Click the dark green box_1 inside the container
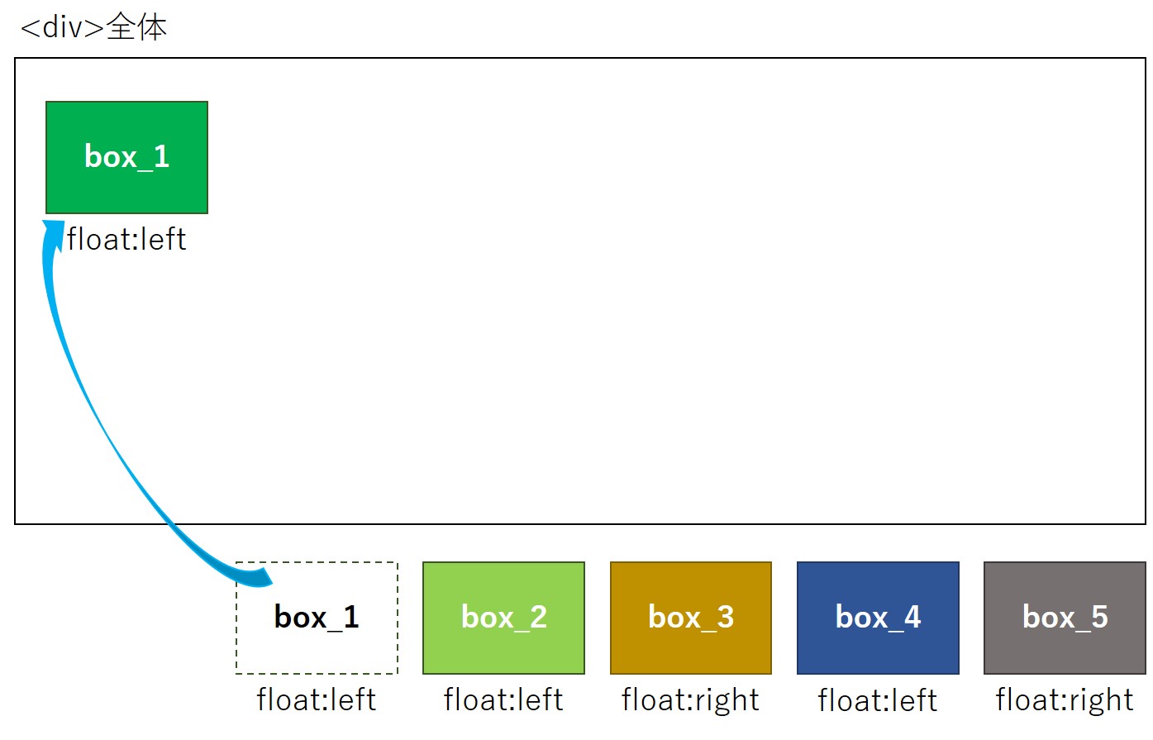click(126, 157)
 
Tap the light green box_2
click(503, 618)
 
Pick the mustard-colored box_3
click(690, 618)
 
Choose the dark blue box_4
click(878, 618)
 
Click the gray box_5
click(1065, 618)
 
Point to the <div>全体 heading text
click(93, 27)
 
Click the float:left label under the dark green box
click(126, 240)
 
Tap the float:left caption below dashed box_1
click(317, 699)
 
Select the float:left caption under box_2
click(503, 699)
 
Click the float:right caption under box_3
click(690, 699)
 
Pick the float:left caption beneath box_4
click(878, 700)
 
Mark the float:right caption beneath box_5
click(1065, 699)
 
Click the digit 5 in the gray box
click(1098, 617)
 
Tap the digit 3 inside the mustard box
click(725, 617)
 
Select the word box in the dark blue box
click(860, 617)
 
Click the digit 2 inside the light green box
click(538, 617)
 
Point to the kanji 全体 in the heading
click(136, 27)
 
